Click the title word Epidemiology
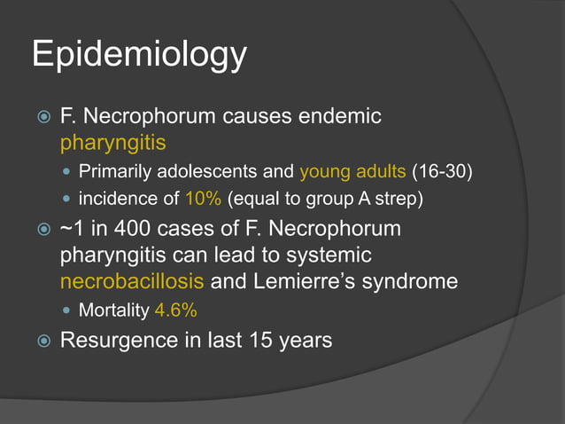pos(139,55)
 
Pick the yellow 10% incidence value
pos(204,198)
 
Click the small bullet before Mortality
pos(68,311)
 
